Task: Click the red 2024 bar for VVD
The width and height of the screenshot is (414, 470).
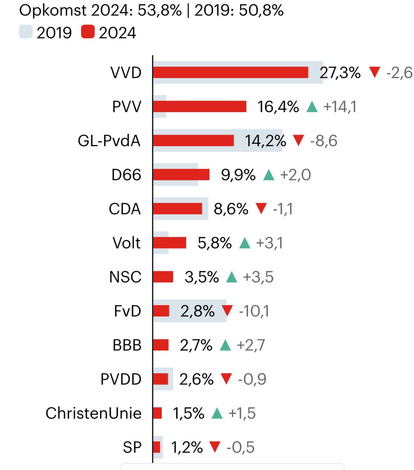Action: (x=230, y=72)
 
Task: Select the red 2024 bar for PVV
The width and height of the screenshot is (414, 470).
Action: (x=199, y=107)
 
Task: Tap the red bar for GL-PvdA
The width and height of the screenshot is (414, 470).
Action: (x=193, y=141)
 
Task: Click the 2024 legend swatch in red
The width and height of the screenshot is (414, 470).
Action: (x=88, y=32)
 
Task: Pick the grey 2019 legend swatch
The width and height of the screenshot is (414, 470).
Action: (x=25, y=32)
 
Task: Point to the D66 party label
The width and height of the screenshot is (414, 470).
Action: (x=126, y=175)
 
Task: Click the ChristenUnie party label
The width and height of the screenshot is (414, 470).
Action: (x=93, y=413)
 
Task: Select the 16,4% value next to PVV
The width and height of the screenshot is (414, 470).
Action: (x=278, y=107)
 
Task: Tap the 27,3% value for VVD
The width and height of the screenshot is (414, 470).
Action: (x=340, y=72)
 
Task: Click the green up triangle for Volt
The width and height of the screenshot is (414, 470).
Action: (x=244, y=243)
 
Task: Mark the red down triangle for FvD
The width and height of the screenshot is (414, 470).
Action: (x=227, y=311)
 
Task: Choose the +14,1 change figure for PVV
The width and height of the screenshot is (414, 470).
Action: (x=340, y=107)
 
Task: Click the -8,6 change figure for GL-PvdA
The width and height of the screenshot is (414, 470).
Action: (x=324, y=141)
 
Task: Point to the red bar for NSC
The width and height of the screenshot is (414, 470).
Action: (x=163, y=277)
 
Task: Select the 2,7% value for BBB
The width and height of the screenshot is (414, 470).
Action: (x=196, y=345)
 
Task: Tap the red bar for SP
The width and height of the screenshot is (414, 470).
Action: (x=157, y=447)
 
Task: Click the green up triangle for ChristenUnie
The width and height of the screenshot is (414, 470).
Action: (x=217, y=413)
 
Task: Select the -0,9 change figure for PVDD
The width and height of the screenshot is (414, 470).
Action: (x=252, y=379)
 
